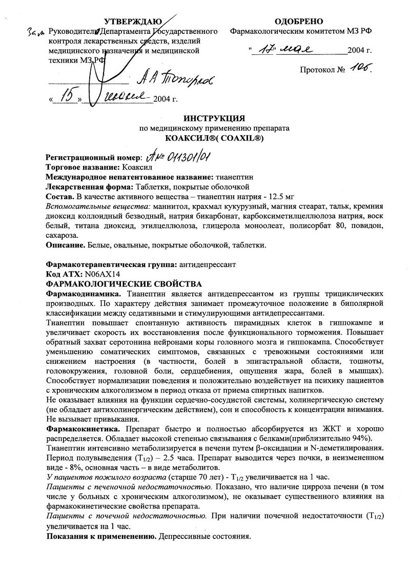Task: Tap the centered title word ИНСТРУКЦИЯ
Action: tap(215, 118)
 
